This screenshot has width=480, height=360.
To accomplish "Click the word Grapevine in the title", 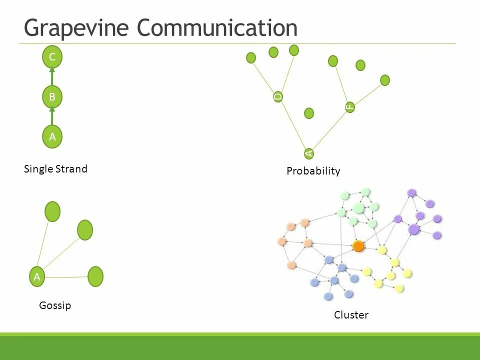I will [x=77, y=27].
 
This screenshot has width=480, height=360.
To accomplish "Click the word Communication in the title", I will [x=217, y=27].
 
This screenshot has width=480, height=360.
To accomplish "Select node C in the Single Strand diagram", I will [x=52, y=57].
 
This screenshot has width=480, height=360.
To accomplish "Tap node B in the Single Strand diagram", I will [x=52, y=97].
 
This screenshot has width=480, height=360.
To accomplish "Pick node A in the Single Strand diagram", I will [x=52, y=136].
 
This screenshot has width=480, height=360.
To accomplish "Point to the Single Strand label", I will [x=55, y=169].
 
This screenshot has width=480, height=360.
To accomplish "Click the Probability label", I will [x=313, y=171].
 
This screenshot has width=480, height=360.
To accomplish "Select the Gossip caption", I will [x=55, y=305].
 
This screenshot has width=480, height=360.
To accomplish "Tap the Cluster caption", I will [x=351, y=315].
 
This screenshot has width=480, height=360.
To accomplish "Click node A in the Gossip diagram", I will [x=36, y=276].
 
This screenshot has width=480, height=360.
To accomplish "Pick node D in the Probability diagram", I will [x=278, y=96].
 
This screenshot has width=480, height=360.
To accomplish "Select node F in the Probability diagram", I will [x=350, y=107].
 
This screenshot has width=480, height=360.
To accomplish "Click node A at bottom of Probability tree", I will [x=309, y=153].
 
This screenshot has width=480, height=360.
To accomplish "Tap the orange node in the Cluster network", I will [x=358, y=246].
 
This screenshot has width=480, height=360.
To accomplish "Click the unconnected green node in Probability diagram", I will [x=309, y=113].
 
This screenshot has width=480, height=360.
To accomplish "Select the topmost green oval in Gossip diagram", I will [x=52, y=211].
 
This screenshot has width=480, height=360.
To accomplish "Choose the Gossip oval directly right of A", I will [x=95, y=276].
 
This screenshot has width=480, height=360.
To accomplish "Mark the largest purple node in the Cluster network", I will [x=413, y=229].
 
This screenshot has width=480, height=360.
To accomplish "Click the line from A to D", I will [x=293, y=124].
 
